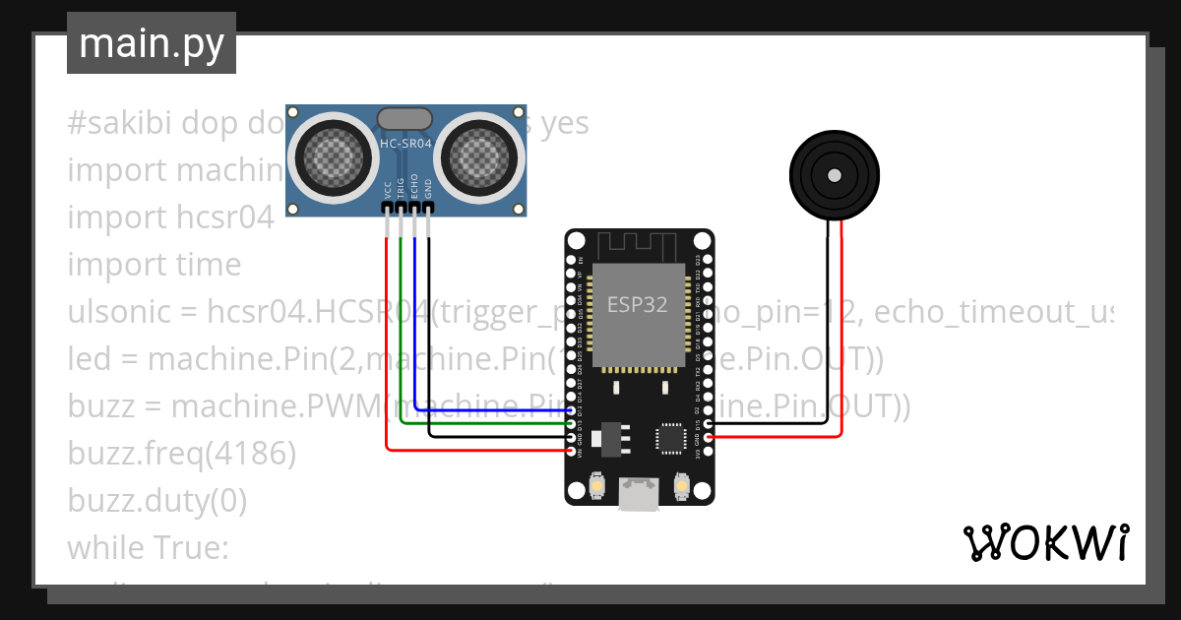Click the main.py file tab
click(151, 43)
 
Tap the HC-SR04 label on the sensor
click(405, 144)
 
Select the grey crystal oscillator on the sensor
click(404, 119)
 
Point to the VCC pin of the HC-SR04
click(387, 208)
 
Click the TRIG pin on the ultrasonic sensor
click(401, 208)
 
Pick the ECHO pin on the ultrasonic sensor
click(414, 208)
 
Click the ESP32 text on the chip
click(637, 304)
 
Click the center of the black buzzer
click(835, 175)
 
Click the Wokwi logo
click(1044, 542)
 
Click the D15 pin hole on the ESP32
click(708, 424)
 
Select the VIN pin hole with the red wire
click(572, 451)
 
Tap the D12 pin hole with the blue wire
click(572, 410)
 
